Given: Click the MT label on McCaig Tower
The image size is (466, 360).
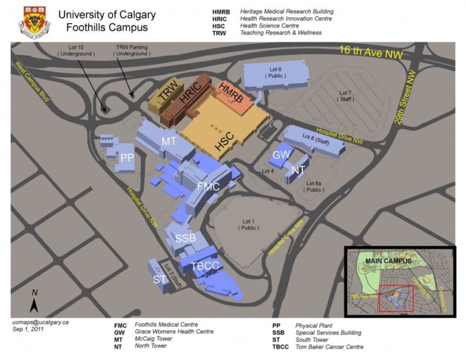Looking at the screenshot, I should pos(169,141).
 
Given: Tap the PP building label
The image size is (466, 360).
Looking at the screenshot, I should pos(127,157).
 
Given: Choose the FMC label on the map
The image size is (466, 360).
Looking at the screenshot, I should pos(208,186).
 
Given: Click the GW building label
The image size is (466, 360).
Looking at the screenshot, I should pos(281,155).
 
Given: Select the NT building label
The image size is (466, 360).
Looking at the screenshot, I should pos(298,170).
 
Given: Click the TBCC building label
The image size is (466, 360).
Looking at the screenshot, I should pos(204,265).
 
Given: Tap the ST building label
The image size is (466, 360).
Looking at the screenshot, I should pos(160,279).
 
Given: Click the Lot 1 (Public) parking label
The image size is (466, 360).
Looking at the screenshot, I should pos(247,224).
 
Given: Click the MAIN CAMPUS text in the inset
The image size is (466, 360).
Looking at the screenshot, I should pos(389,261).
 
